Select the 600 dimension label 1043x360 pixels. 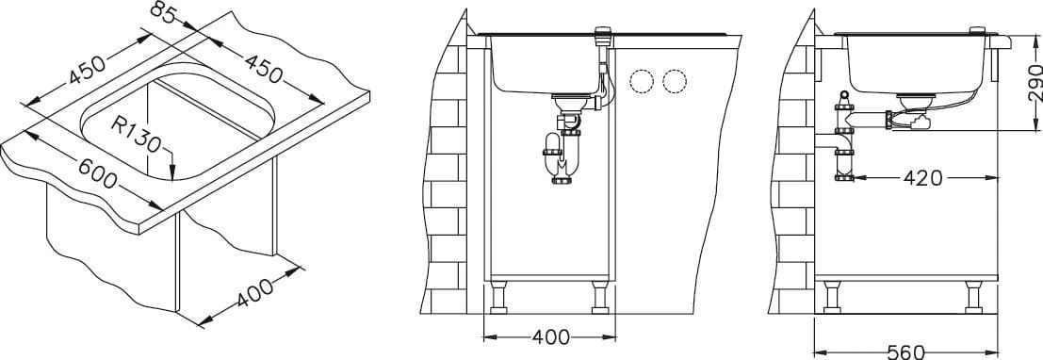click(x=98, y=173)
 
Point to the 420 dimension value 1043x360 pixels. click(x=923, y=178)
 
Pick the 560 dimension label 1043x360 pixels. click(x=906, y=352)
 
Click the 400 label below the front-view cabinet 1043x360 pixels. click(x=551, y=337)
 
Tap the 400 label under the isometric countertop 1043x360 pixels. click(x=254, y=293)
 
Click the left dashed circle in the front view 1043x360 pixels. click(x=642, y=81)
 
